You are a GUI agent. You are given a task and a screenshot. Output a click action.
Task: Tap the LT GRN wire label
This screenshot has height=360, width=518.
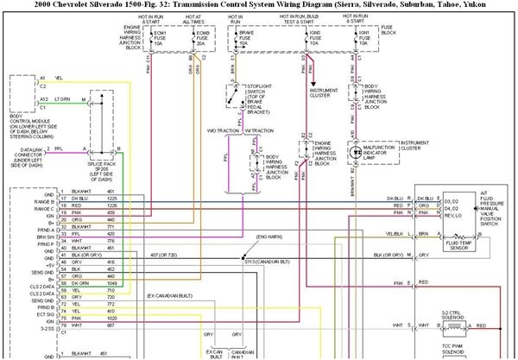click(x=61, y=99)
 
